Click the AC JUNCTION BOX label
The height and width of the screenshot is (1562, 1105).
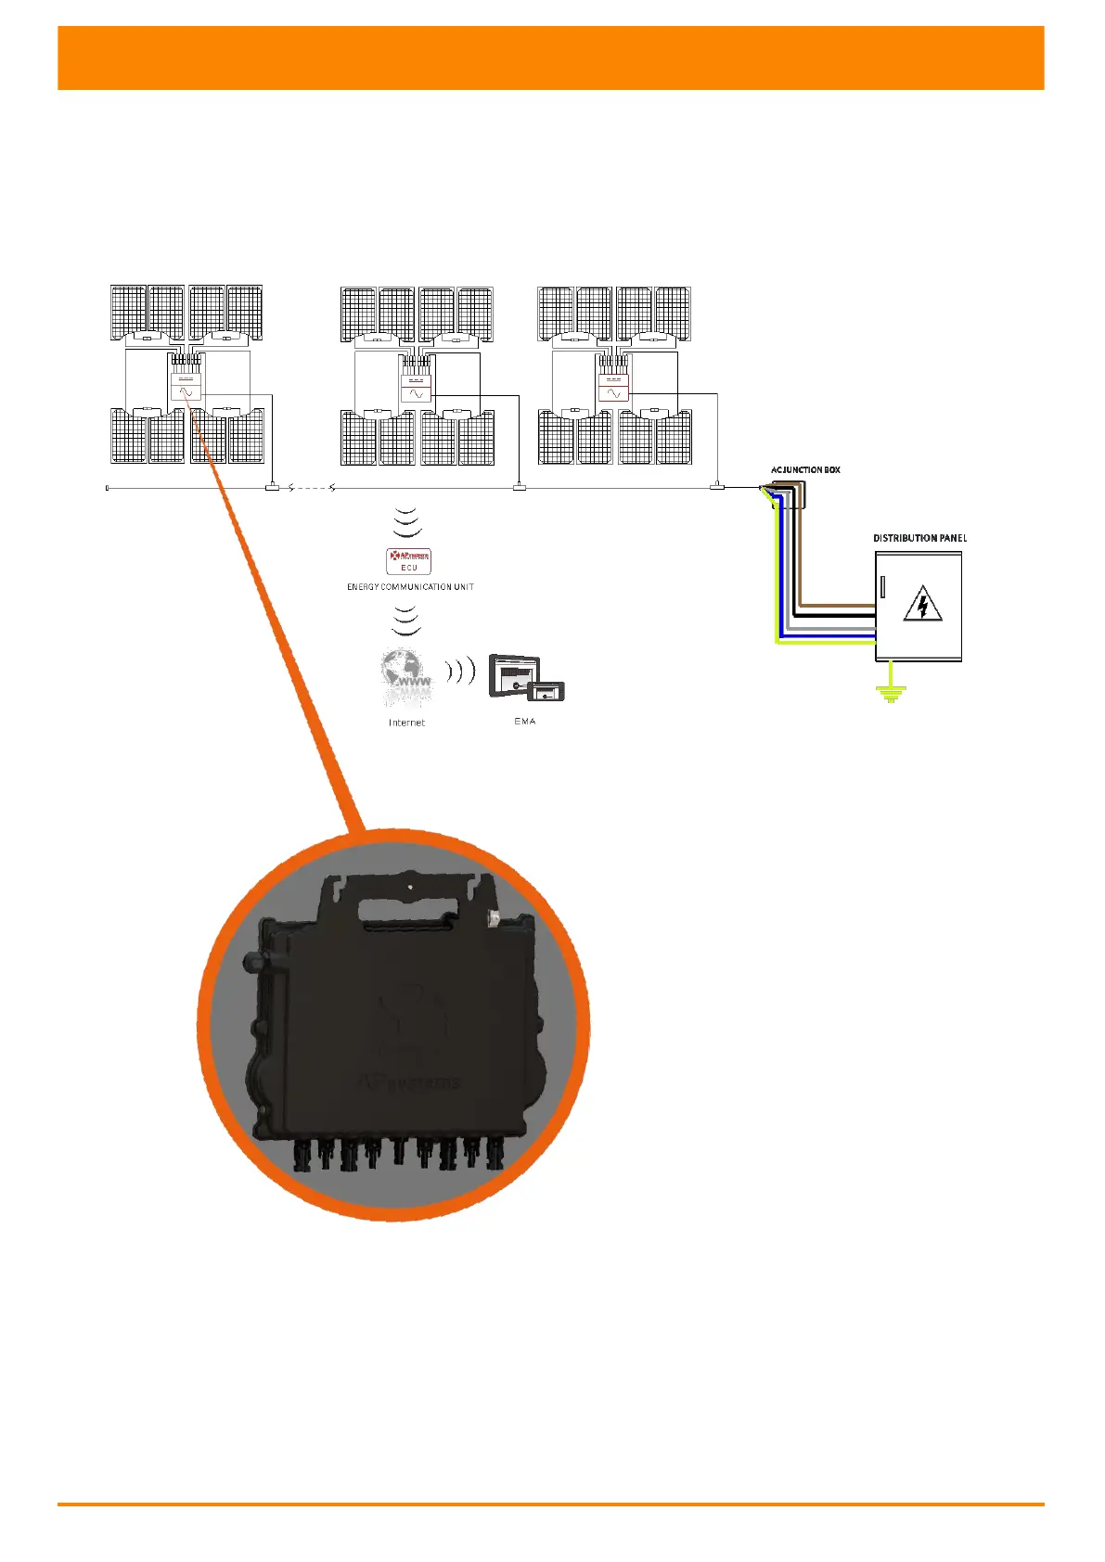tap(805, 470)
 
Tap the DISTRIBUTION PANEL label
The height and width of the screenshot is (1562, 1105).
tap(919, 538)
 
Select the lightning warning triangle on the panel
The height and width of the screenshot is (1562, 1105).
tap(922, 604)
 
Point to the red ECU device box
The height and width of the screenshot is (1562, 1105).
tap(409, 560)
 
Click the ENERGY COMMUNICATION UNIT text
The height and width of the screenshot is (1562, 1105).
tap(410, 587)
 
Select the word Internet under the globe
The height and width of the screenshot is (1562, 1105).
tap(406, 723)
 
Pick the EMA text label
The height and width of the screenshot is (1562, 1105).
tap(525, 721)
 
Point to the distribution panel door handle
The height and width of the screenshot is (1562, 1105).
tap(882, 588)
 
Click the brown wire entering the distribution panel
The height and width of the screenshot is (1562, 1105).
tap(835, 606)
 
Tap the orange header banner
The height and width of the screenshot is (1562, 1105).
tap(551, 58)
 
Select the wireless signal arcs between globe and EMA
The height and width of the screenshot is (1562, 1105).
tap(459, 671)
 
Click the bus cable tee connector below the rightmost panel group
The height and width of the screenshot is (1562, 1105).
tap(716, 486)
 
